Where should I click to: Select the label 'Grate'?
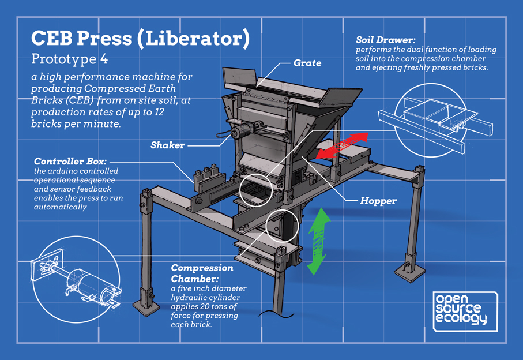307,62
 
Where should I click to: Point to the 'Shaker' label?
167,145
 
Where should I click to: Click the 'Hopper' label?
378,201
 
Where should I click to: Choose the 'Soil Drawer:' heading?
386,41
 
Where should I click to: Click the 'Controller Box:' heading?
70,162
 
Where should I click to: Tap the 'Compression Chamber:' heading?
202,273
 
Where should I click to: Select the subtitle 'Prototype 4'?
69,59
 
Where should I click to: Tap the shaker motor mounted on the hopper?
236,133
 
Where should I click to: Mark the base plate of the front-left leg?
147,303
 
